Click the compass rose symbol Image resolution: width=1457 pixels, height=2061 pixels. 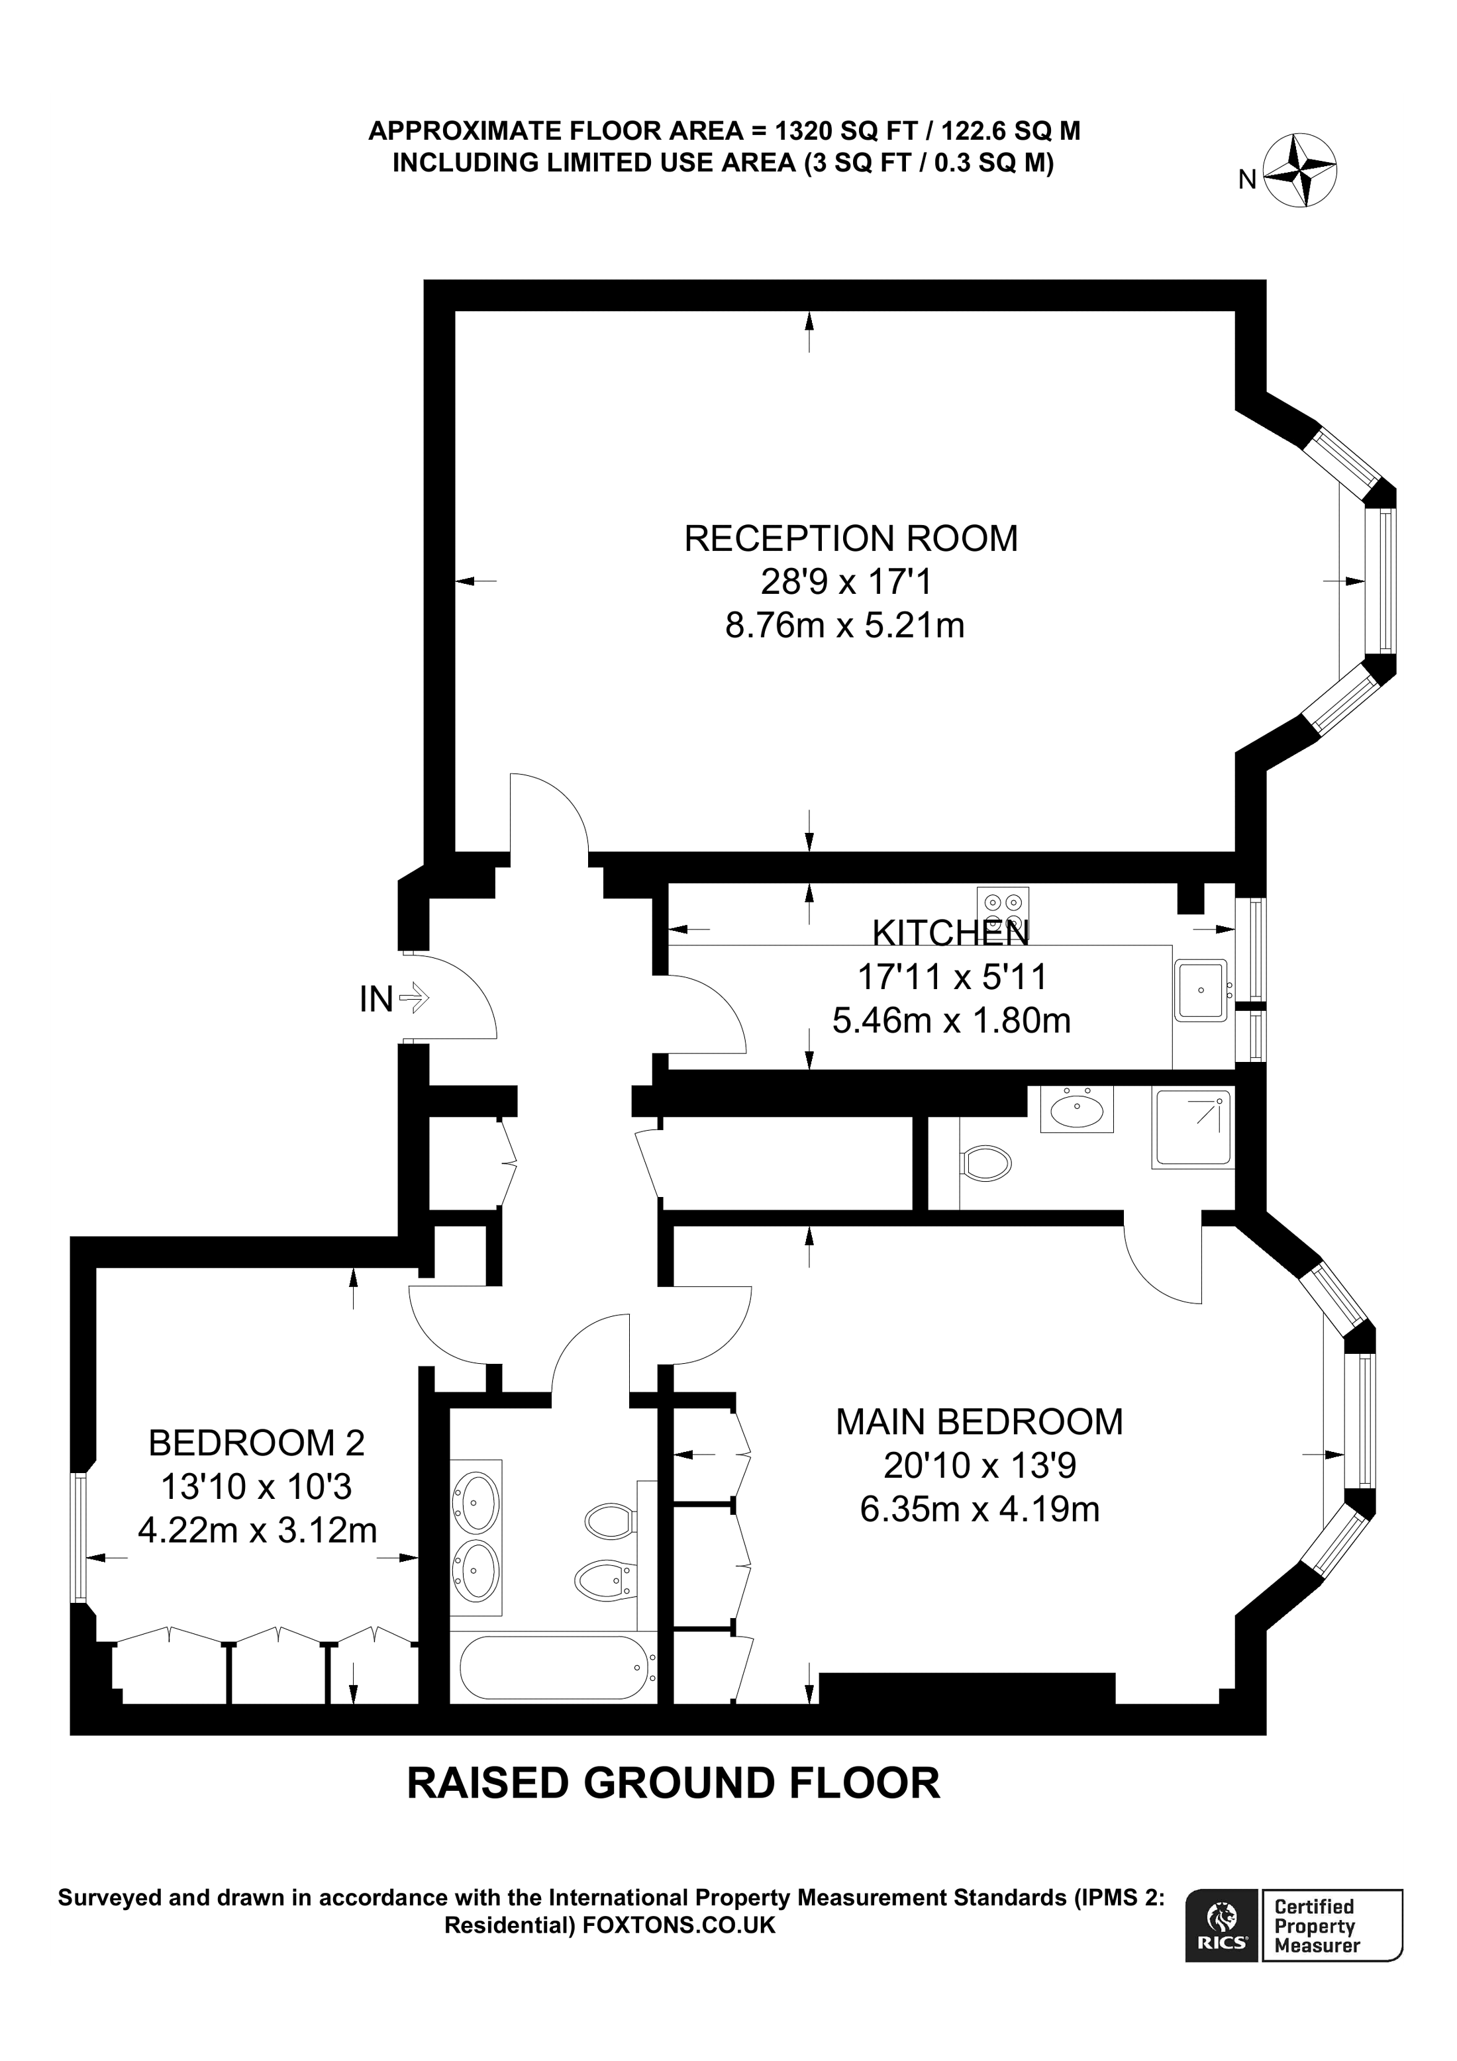point(1300,171)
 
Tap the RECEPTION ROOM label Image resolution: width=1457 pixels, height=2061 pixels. point(850,539)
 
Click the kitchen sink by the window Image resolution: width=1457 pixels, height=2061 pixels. point(1200,990)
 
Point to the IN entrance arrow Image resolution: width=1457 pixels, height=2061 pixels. point(414,997)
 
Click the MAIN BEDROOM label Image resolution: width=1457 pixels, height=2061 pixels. point(979,1422)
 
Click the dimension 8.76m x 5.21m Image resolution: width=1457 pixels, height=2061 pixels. point(844,625)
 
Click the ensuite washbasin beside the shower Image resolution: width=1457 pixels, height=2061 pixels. point(1076,1110)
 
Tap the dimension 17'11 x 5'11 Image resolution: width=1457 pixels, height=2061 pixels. point(952,976)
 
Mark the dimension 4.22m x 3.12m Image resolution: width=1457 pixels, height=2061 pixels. point(257,1529)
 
